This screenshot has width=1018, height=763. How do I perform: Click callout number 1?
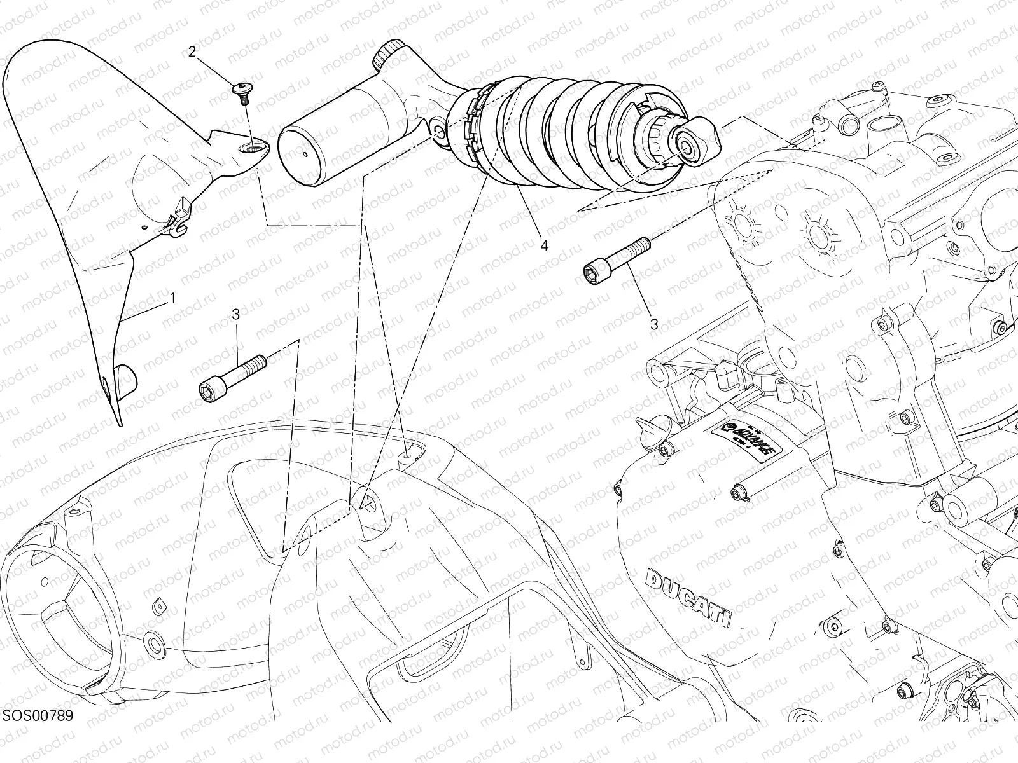pos(171,297)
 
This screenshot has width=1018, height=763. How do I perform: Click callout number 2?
pos(192,52)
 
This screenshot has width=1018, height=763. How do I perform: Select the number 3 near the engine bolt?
pos(654,324)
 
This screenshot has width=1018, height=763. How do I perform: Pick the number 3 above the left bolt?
pos(235,313)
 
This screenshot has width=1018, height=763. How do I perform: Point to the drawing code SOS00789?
pos(38,734)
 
